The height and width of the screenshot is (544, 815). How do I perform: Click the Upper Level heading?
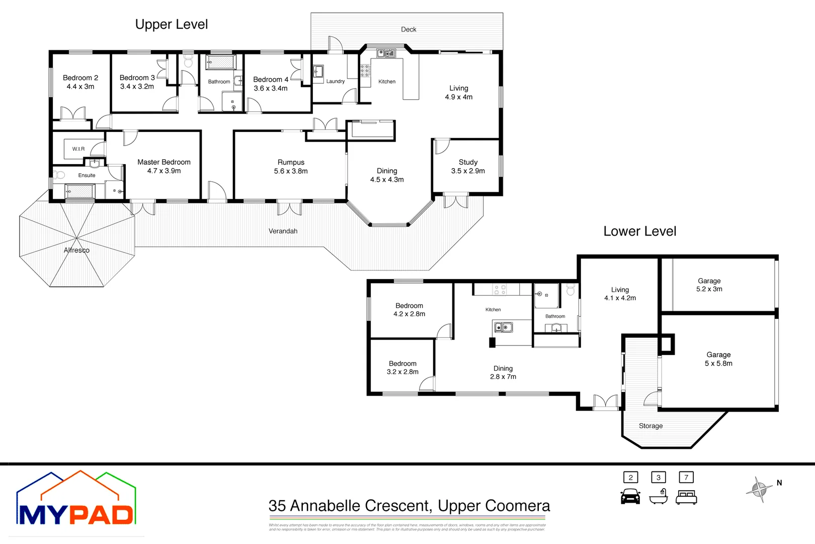(171, 24)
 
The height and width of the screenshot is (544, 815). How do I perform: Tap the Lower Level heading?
(639, 231)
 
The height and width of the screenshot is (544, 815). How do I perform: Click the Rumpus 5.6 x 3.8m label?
(291, 167)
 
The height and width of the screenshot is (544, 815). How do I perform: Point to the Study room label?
(468, 166)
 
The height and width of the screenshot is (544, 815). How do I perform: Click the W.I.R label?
(78, 149)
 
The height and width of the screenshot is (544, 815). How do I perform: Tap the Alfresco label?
(76, 250)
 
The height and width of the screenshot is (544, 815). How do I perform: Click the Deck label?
(409, 30)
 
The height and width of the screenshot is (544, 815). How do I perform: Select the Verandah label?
(283, 231)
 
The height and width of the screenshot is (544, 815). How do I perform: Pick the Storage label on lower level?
(650, 426)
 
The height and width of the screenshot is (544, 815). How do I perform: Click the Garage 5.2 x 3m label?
(709, 285)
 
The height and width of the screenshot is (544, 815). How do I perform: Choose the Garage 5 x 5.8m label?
(718, 359)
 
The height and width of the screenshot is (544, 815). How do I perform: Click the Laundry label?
(336, 82)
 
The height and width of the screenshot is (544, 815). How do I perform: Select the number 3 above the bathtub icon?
(658, 478)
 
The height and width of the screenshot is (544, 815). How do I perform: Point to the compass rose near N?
(759, 489)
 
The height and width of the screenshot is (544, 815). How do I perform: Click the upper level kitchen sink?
(386, 53)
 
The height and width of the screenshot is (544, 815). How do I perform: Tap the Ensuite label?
(87, 175)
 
